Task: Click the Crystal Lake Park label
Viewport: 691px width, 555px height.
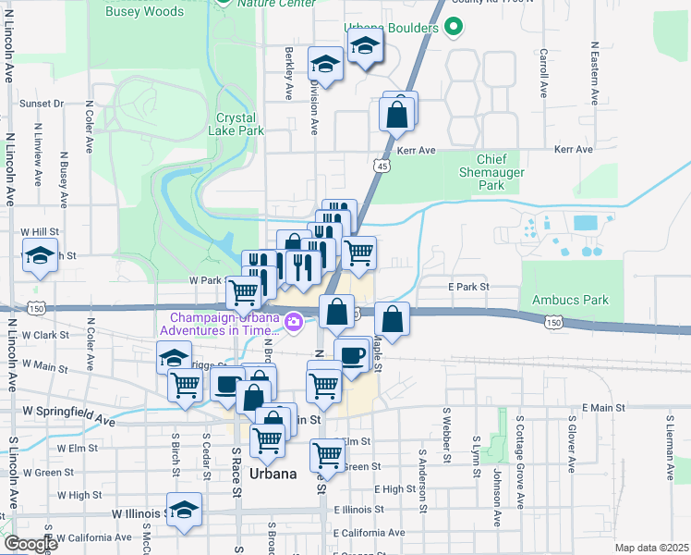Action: point(240,124)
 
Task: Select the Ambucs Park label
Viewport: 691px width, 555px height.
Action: point(570,300)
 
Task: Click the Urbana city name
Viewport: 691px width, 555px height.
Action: point(273,473)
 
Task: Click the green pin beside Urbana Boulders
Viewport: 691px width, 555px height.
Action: point(452,28)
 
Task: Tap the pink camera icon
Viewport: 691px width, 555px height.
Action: point(294,322)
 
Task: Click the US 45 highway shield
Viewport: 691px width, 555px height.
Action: point(382,165)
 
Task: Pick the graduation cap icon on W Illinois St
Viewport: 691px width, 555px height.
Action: point(185,509)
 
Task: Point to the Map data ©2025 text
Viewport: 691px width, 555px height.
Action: point(651,548)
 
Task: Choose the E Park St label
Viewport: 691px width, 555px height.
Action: point(468,287)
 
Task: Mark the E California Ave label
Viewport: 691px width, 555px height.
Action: point(370,533)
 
